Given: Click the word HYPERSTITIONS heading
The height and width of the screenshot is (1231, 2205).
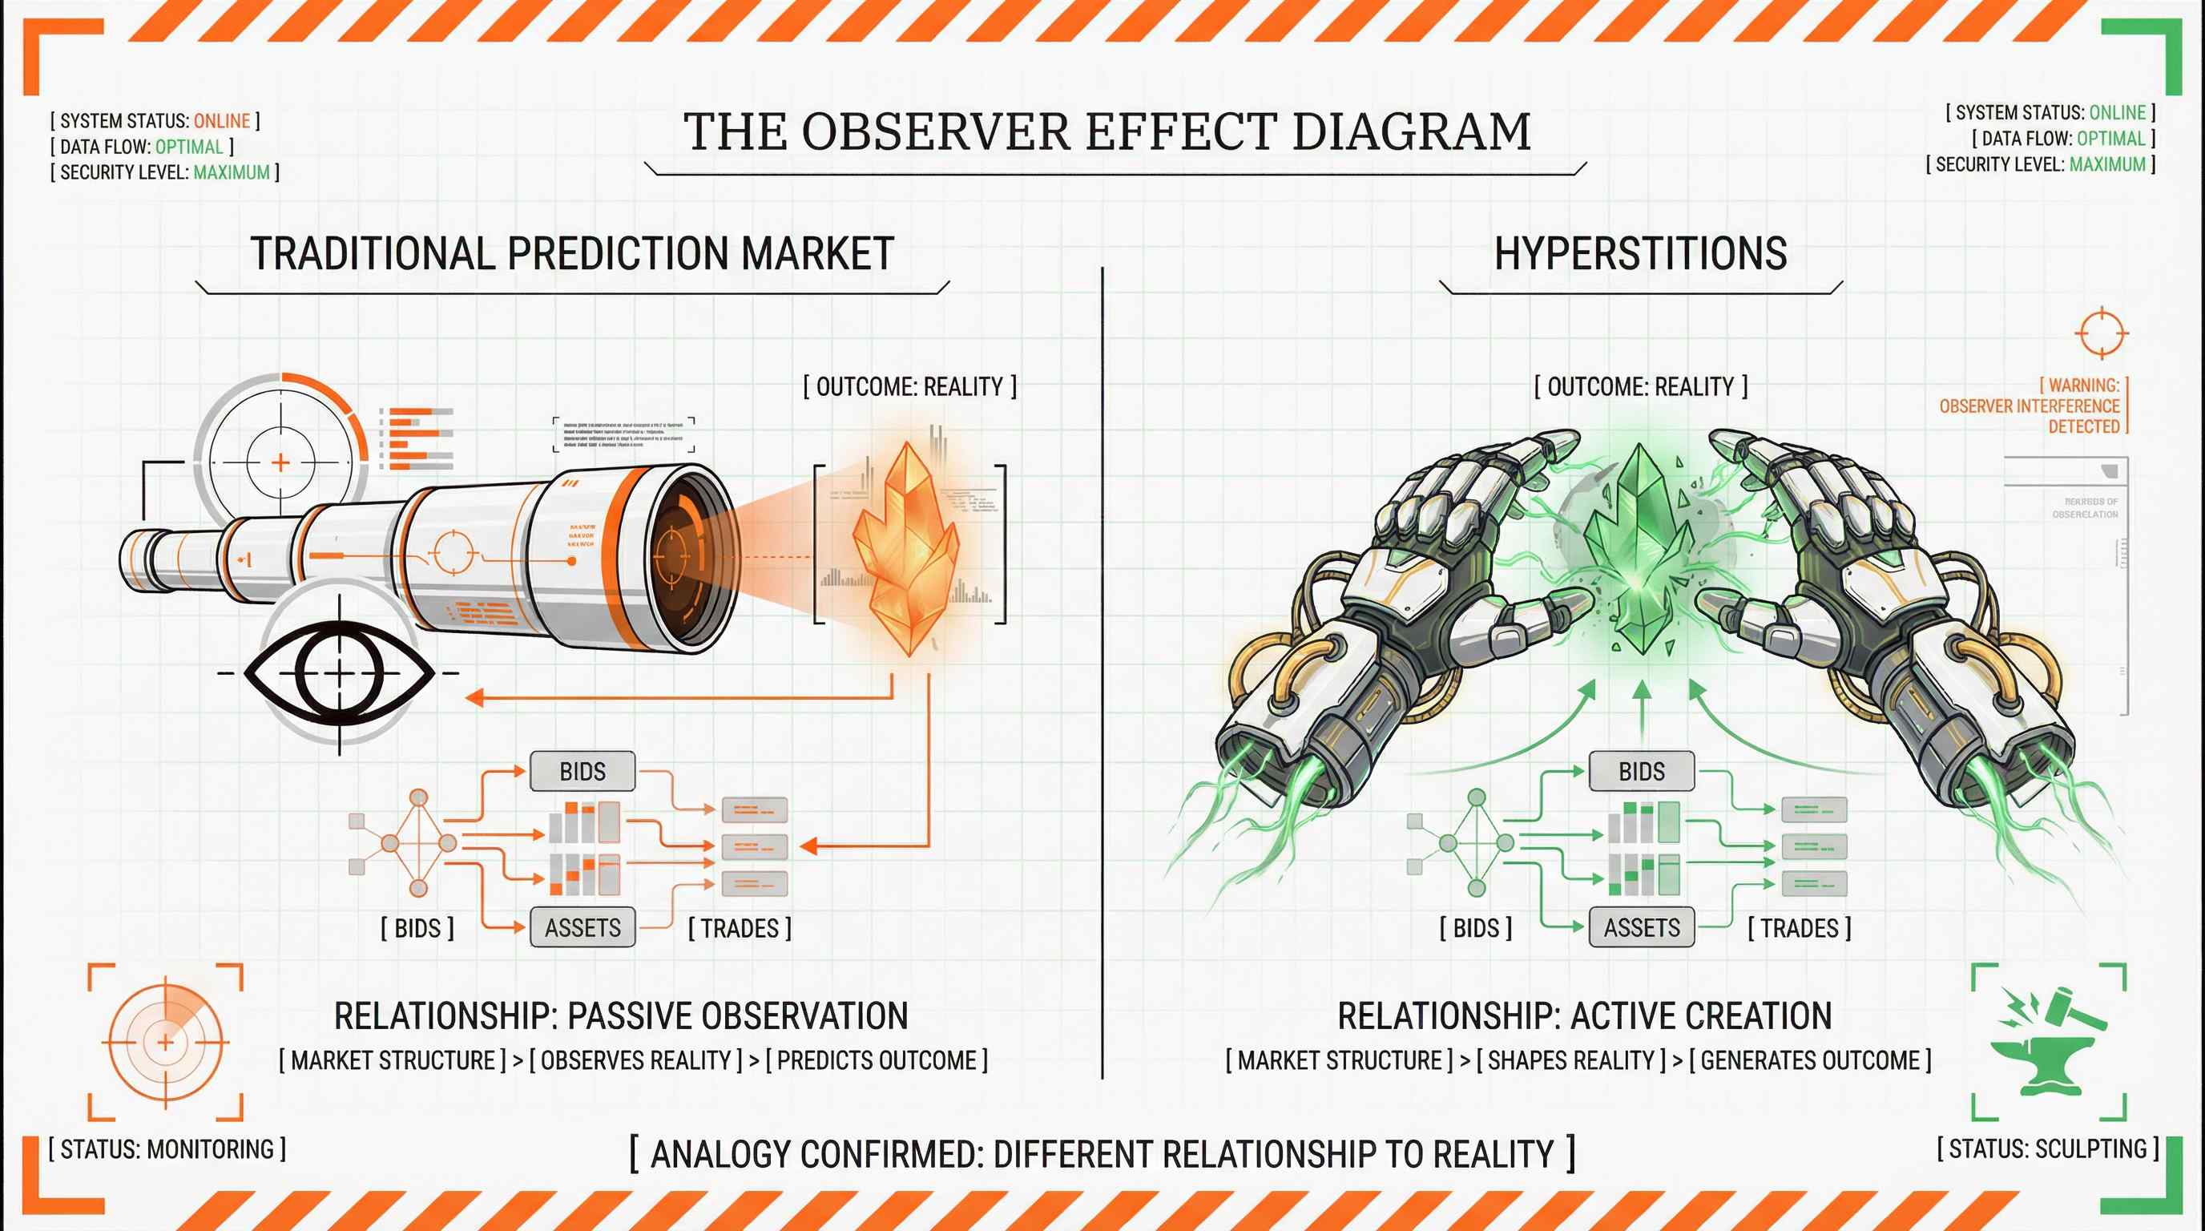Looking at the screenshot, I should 1640,254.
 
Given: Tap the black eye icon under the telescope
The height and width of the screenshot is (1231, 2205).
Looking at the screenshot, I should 340,674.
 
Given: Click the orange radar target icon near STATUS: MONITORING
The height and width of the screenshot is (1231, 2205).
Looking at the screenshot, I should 165,1042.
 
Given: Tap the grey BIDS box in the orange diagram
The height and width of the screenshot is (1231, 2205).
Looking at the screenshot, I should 582,771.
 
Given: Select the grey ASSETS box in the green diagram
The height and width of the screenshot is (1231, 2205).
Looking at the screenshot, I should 1641,927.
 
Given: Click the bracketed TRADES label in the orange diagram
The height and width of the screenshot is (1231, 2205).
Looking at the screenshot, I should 740,928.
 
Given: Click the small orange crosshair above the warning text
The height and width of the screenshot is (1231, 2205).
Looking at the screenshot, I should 2101,333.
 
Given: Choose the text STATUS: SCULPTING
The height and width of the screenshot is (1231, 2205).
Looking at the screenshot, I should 2047,1148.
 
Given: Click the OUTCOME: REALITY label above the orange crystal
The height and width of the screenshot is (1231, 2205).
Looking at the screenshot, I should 909,387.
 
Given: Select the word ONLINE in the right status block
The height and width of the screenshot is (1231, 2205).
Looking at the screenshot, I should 2117,113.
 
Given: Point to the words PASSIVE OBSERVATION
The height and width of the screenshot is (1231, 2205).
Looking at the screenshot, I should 737,1016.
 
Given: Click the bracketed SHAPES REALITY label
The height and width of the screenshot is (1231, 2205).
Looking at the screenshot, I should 1570,1060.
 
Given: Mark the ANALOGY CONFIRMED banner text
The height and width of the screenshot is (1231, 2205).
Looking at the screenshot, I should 1102,1154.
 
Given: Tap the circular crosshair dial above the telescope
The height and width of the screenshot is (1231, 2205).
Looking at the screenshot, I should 280,462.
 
